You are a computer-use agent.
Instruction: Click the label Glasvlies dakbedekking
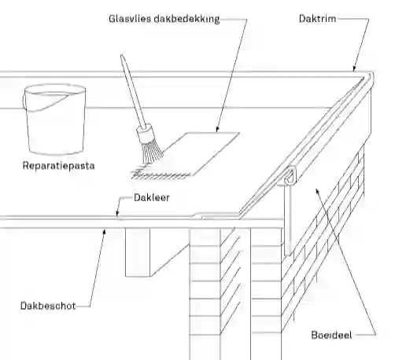[164, 19]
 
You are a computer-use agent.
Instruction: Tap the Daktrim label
[317, 19]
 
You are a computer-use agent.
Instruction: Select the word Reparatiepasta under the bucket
[58, 166]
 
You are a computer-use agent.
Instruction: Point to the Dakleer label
[152, 197]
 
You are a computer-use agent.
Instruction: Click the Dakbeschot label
[48, 306]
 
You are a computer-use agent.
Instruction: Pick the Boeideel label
[331, 335]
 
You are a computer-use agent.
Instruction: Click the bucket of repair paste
[54, 119]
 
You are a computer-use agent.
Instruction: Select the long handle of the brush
[132, 91]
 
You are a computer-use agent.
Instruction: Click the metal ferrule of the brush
[144, 133]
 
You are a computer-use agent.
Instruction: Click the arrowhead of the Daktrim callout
[354, 69]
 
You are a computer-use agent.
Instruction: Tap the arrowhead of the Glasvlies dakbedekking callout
[217, 130]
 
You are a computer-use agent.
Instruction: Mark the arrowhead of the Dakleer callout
[117, 214]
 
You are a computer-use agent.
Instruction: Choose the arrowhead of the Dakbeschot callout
[105, 232]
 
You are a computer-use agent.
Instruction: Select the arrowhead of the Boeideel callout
[317, 191]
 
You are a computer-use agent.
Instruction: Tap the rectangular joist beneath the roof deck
[138, 252]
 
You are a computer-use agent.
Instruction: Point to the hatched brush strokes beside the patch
[161, 174]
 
